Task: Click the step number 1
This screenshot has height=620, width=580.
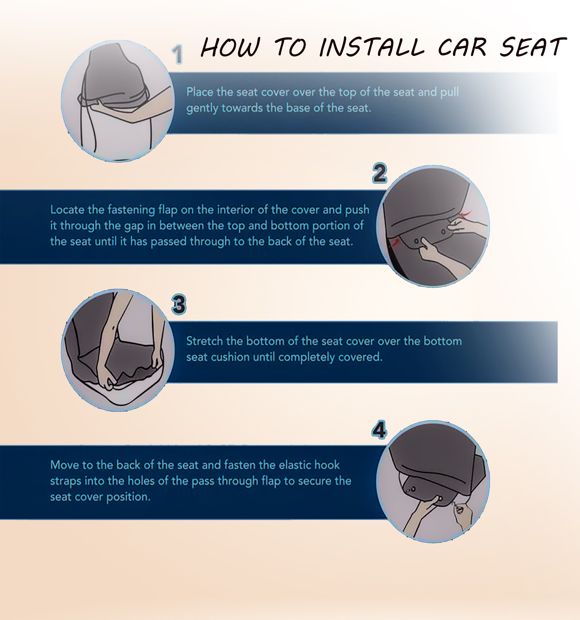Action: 178,54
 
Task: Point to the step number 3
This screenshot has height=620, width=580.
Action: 179,304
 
